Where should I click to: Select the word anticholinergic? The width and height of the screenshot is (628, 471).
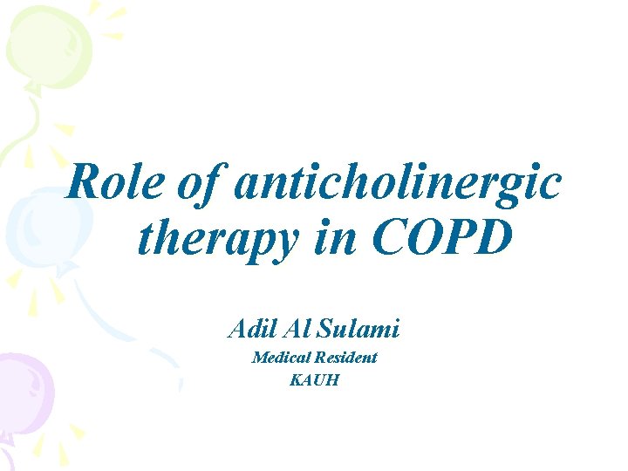pos(398,185)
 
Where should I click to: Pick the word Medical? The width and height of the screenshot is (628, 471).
pos(276,357)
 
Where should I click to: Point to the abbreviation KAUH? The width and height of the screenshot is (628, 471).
pos(313,380)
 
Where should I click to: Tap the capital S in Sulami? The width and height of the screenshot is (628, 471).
pos(327,329)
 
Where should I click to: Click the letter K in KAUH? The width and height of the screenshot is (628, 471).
pos(296,380)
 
